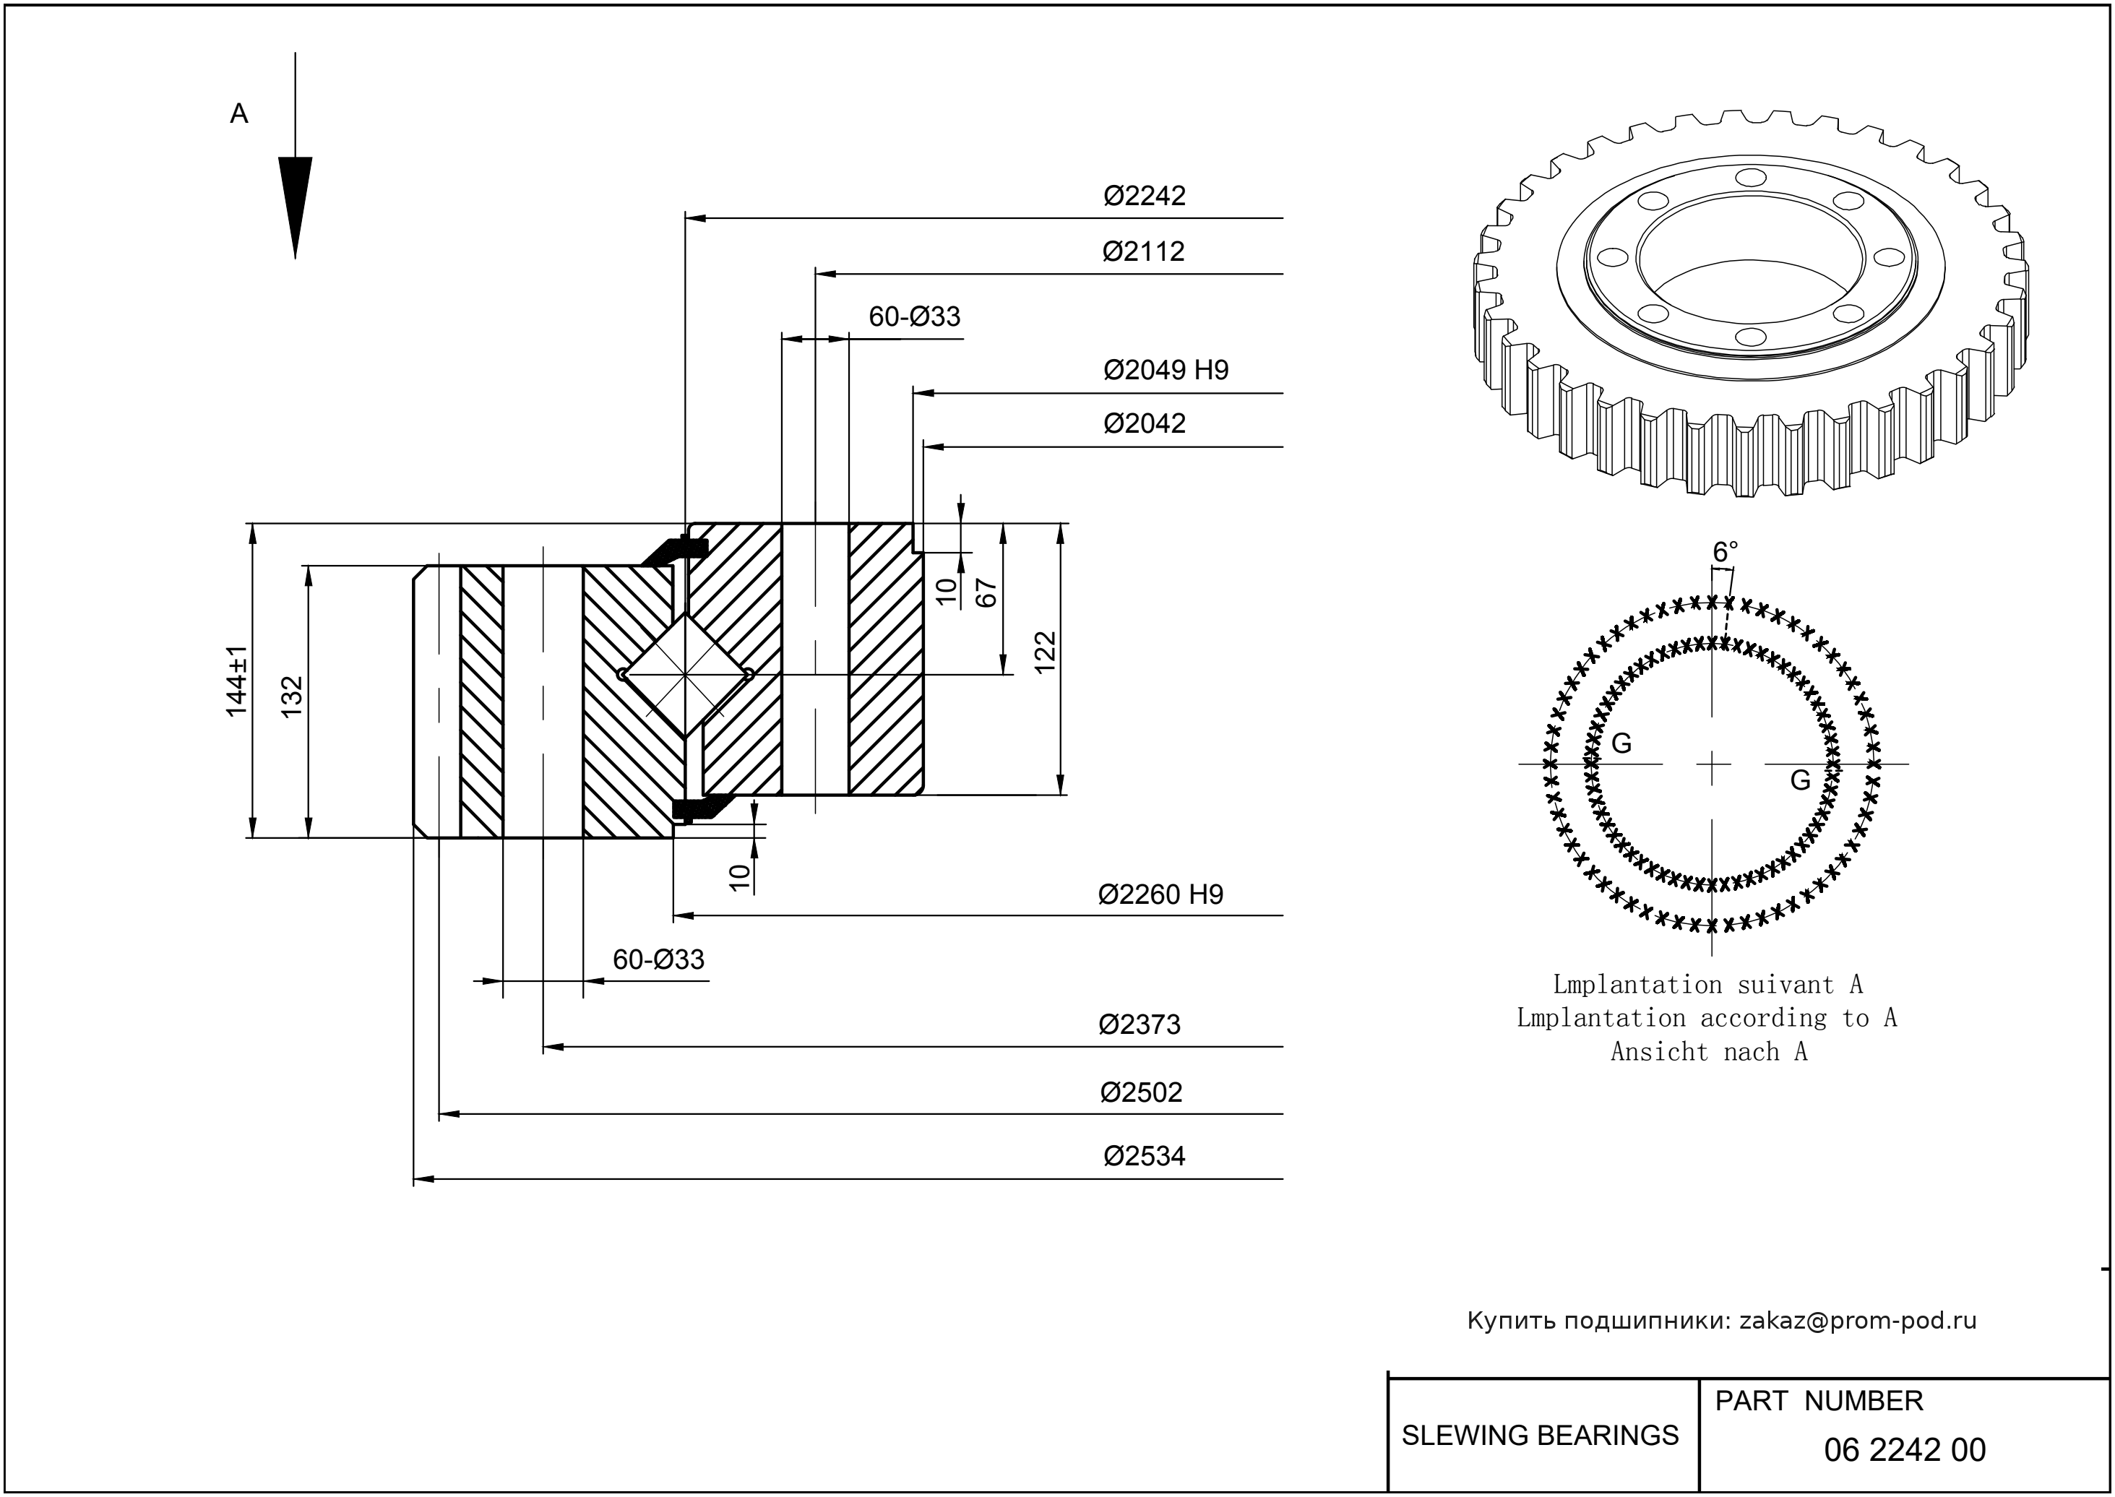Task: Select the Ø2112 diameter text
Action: [1143, 251]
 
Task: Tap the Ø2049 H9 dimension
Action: [1166, 371]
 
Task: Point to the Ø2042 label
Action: [1144, 424]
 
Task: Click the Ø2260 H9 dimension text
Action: [1160, 895]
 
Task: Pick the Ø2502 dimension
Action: [1140, 1092]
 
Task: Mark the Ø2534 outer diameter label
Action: [1144, 1157]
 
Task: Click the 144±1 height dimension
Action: [237, 681]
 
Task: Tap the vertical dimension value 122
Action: [1045, 652]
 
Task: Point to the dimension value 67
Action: [986, 592]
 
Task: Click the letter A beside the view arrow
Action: [238, 114]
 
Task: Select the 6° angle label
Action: [1725, 552]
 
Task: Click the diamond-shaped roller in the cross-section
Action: [685, 675]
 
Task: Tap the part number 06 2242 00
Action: [1904, 1450]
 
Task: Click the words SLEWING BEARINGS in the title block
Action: [1540, 1436]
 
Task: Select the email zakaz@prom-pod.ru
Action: [1857, 1321]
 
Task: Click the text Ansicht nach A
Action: [1708, 1052]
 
